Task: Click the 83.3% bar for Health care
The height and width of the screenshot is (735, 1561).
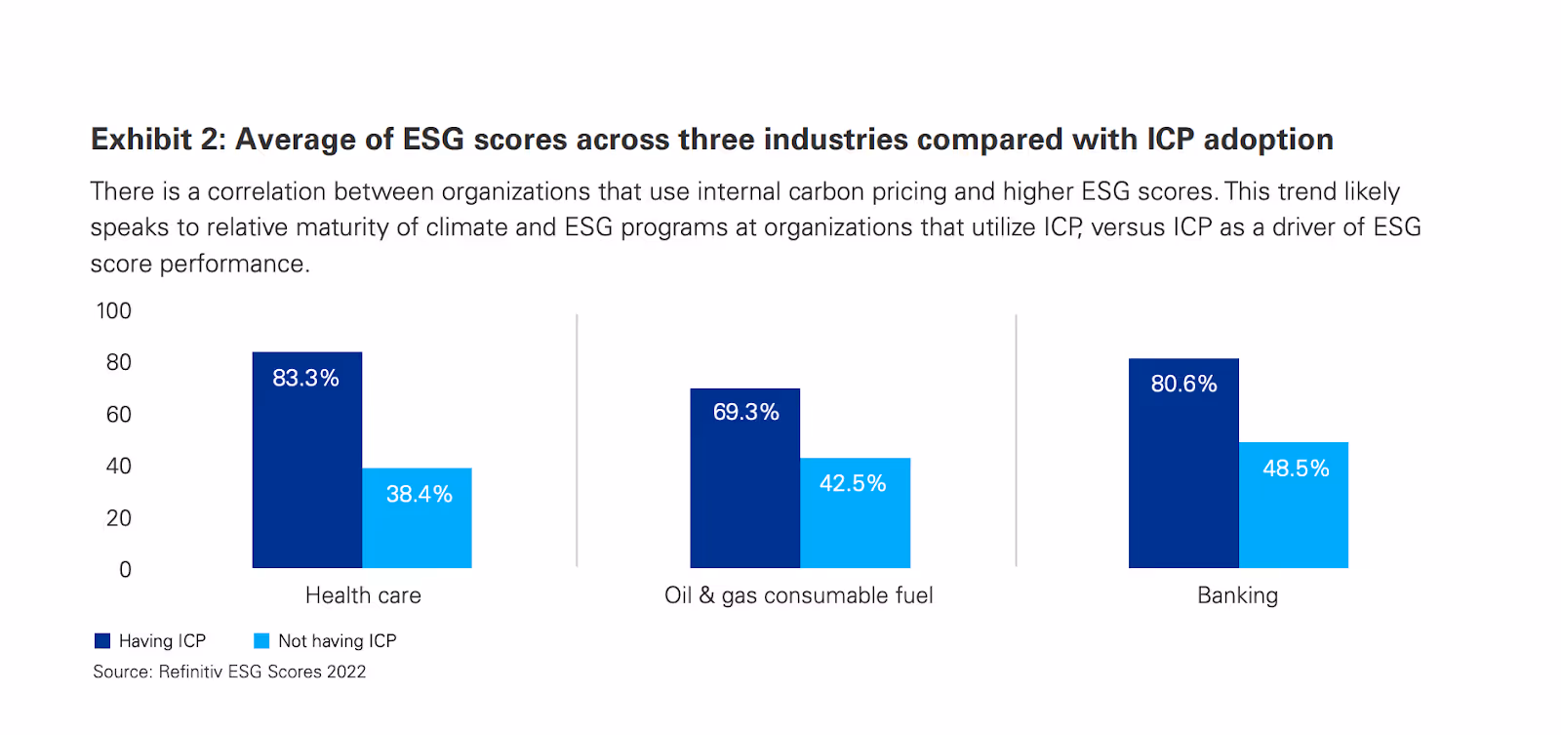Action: click(306, 460)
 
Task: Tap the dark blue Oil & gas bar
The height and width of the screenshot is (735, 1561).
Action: click(744, 478)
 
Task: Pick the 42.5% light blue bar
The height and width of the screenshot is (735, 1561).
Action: click(855, 513)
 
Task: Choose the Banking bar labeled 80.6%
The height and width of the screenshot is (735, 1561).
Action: click(1183, 464)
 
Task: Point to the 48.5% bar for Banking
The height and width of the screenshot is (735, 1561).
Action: click(1294, 506)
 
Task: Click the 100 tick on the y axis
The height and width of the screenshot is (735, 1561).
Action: click(113, 311)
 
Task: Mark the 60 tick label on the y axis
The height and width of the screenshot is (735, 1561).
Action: click(118, 415)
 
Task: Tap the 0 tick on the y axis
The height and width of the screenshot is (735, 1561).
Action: click(125, 570)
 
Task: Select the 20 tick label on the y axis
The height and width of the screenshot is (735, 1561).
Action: click(118, 518)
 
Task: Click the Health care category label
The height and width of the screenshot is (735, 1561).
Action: click(363, 595)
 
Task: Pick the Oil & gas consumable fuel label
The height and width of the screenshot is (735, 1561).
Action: click(798, 595)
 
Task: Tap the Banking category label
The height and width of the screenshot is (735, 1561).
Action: click(1237, 595)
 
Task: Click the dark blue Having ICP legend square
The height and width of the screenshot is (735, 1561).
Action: click(102, 641)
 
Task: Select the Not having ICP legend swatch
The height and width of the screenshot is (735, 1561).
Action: click(261, 641)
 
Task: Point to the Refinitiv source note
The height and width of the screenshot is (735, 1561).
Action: click(229, 672)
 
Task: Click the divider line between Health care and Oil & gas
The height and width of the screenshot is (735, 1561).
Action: click(577, 439)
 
